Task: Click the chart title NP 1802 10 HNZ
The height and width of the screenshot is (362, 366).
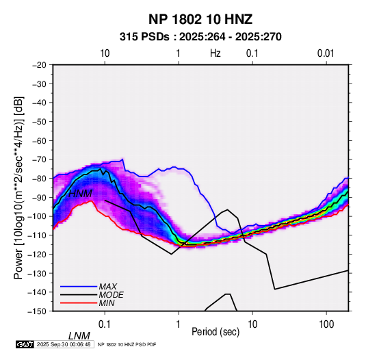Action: pyautogui.click(x=200, y=19)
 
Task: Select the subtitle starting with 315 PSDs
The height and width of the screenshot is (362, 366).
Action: pyautogui.click(x=200, y=37)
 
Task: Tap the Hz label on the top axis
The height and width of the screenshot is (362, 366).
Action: pyautogui.click(x=215, y=53)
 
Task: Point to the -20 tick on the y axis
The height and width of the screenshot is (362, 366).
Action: pyautogui.click(x=39, y=65)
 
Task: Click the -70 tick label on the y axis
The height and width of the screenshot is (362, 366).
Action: pyautogui.click(x=39, y=159)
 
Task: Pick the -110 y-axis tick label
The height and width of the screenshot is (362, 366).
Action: pyautogui.click(x=37, y=235)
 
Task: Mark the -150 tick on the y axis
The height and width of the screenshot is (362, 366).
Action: pyautogui.click(x=37, y=311)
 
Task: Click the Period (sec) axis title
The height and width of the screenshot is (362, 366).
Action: pyautogui.click(x=215, y=332)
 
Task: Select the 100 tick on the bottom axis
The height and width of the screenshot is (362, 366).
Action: pyautogui.click(x=326, y=324)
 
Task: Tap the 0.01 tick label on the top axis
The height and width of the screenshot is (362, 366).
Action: pyautogui.click(x=326, y=53)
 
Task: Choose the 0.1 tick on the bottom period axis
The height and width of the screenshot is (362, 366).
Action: pyautogui.click(x=105, y=324)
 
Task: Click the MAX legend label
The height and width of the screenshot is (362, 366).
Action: pyautogui.click(x=108, y=286)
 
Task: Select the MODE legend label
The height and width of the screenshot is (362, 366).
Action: pyautogui.click(x=111, y=295)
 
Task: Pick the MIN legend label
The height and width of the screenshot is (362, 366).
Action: pyautogui.click(x=107, y=303)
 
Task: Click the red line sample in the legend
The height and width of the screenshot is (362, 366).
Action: pyautogui.click(x=79, y=303)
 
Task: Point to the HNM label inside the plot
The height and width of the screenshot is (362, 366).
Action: pyautogui.click(x=80, y=194)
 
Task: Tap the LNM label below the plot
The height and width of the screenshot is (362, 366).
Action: pyautogui.click(x=79, y=336)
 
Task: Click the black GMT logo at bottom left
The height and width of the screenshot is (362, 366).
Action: pyautogui.click(x=25, y=344)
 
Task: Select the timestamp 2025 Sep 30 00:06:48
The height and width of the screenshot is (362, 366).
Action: pyautogui.click(x=64, y=344)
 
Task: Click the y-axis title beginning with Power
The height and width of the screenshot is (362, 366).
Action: pyautogui.click(x=19, y=188)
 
